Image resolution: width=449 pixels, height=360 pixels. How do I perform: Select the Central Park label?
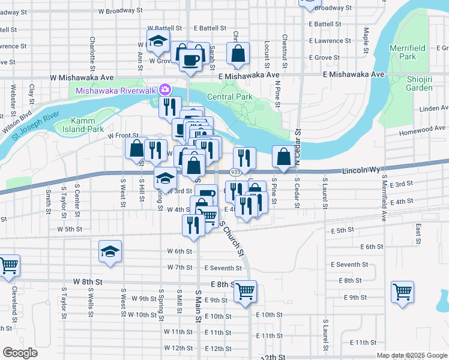coord(230,97)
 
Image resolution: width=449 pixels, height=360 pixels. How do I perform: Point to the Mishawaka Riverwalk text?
coord(116,91)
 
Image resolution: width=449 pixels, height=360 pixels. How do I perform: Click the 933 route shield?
coord(235,172)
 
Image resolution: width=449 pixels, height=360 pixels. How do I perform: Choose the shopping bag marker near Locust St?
coord(238,53)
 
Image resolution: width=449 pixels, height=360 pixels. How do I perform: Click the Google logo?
coord(20,353)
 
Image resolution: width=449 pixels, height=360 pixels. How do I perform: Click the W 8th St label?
coord(88,281)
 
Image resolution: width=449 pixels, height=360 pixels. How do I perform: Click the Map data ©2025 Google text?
coord(411,355)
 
